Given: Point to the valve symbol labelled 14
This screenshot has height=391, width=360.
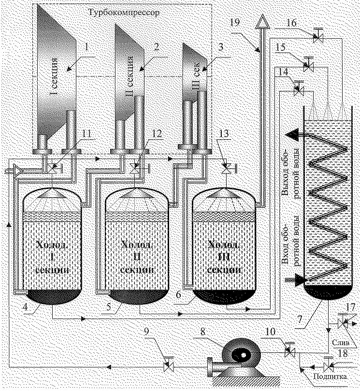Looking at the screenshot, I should pyautogui.click(x=298, y=89).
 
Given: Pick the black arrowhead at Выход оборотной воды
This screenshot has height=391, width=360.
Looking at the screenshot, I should pyautogui.click(x=292, y=134).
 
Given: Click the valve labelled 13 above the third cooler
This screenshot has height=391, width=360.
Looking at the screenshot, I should pyautogui.click(x=225, y=167).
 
